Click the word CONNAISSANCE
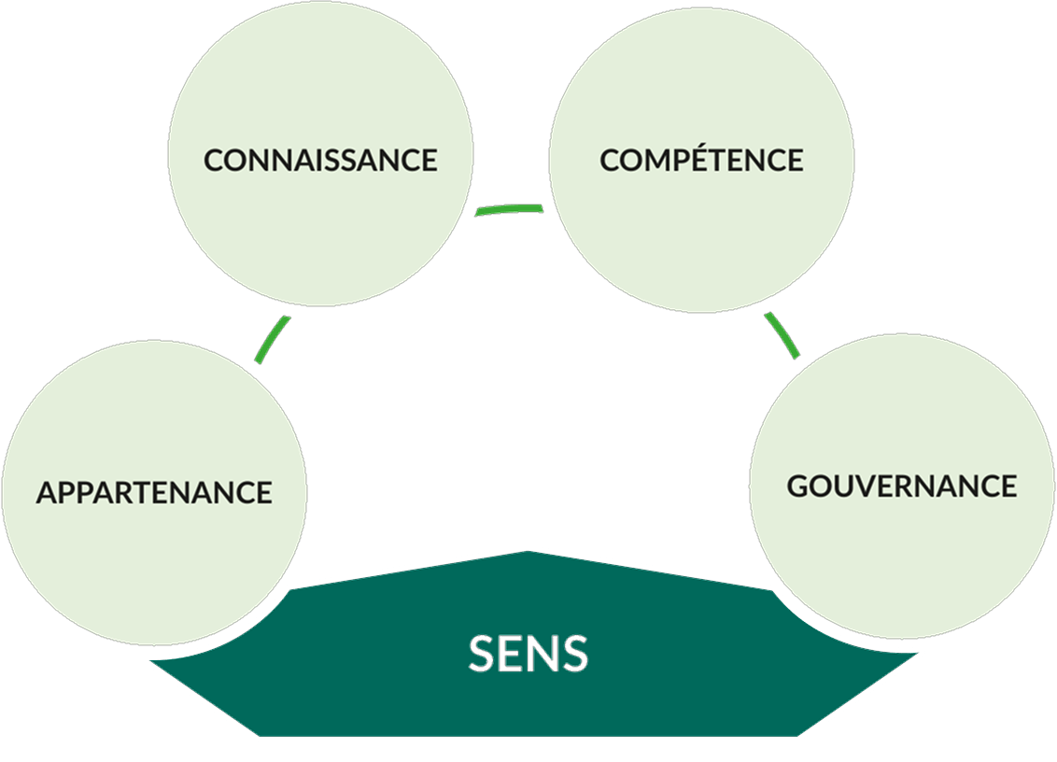tap(320, 160)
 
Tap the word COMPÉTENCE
tap(701, 160)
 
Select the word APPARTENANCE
tap(154, 492)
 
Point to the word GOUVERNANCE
tap(902, 486)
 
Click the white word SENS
tap(528, 655)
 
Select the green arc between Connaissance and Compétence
tap(509, 209)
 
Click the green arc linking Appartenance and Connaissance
tap(272, 339)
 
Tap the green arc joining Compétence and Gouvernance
tap(782, 335)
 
